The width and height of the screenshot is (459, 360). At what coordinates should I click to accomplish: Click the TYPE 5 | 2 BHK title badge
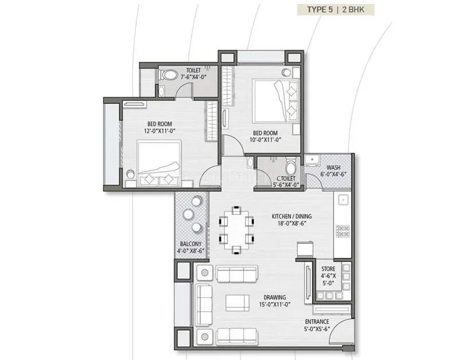click(336, 10)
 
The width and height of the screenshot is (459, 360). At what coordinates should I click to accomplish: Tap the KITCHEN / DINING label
click(292, 220)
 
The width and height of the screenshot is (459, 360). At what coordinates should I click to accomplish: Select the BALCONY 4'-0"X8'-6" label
click(190, 247)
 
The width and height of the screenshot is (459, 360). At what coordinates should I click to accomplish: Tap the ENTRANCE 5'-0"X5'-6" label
click(317, 326)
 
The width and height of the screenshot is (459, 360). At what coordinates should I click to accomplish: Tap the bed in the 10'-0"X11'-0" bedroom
click(276, 99)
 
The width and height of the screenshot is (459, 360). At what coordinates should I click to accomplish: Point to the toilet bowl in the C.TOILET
click(291, 168)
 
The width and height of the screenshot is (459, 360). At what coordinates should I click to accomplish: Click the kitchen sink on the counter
click(343, 200)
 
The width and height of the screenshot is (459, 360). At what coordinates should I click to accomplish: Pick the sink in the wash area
click(313, 160)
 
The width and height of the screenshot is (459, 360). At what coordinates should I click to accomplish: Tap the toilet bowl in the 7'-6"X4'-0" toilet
click(168, 75)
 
